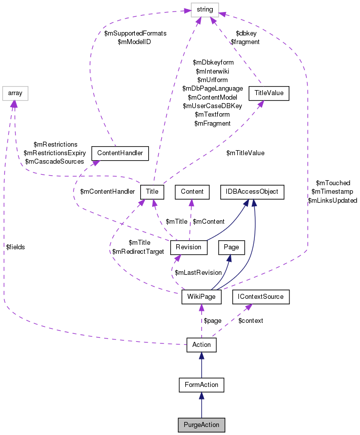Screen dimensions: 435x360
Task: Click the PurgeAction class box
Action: click(x=201, y=424)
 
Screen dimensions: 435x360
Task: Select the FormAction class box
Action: click(x=201, y=384)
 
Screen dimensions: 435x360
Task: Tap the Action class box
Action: click(x=201, y=344)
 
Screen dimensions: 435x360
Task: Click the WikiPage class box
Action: click(x=201, y=296)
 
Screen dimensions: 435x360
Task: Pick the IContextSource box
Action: click(x=258, y=296)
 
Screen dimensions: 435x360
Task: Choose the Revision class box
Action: click(x=189, y=247)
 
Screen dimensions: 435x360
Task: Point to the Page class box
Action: click(x=231, y=247)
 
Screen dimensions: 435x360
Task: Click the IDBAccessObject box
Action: click(x=253, y=191)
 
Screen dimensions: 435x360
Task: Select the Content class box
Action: click(x=192, y=191)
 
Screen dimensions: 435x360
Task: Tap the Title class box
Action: click(x=152, y=191)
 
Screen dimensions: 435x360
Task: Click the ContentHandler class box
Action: click(x=120, y=153)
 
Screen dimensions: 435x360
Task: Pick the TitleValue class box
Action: click(x=269, y=93)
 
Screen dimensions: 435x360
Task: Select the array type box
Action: click(x=15, y=93)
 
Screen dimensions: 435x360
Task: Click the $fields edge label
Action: click(x=16, y=247)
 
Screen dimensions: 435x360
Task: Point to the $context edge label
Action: click(x=250, y=320)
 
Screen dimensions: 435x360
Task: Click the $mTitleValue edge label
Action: click(x=245, y=153)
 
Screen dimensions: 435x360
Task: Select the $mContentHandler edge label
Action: click(x=108, y=191)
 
